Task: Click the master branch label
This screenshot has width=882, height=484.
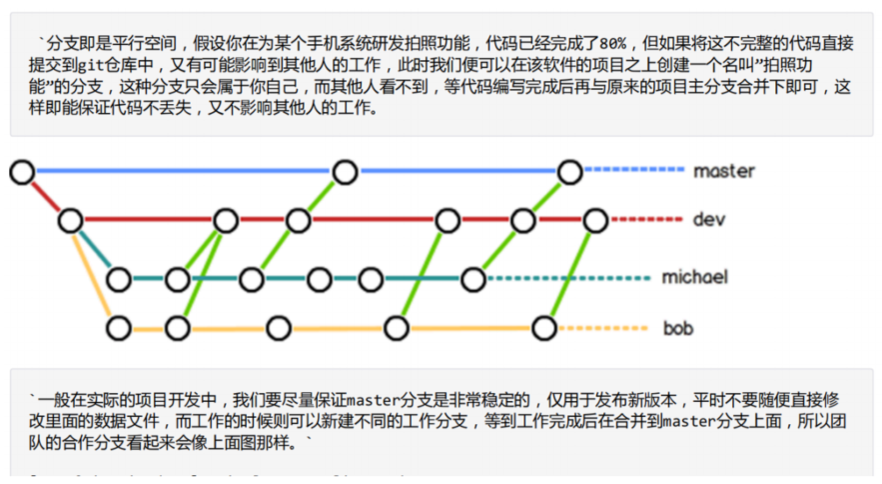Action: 724,172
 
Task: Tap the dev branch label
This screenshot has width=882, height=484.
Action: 708,219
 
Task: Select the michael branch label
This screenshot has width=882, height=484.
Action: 694,277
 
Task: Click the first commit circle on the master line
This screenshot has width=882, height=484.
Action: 22,173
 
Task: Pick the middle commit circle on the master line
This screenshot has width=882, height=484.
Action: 345,173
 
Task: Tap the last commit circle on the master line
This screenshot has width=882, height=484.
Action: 569,173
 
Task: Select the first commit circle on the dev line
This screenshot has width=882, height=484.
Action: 70,220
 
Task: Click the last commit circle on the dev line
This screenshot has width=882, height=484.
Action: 595,220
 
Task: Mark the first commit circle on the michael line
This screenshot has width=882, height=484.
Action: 119,279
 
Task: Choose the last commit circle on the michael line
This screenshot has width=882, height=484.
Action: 472,279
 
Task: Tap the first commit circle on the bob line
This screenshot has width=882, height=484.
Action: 119,327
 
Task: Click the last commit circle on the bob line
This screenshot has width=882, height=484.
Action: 544,327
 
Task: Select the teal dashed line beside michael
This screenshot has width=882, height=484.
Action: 564,279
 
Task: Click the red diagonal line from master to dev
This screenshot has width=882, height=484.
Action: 46,196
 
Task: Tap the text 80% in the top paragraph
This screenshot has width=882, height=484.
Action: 611,44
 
